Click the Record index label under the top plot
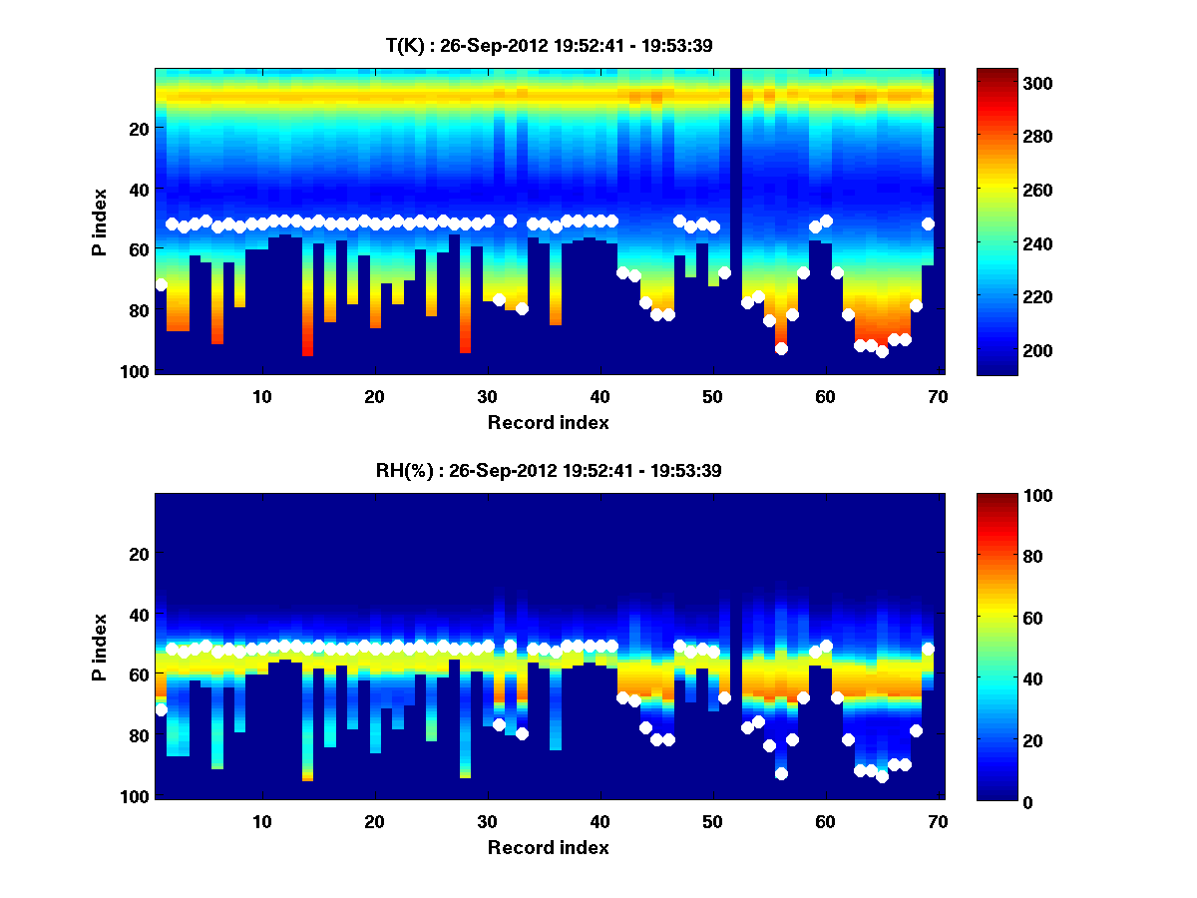click(548, 422)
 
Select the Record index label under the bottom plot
click(548, 848)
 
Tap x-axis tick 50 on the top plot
click(712, 395)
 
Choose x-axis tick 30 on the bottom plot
click(487, 821)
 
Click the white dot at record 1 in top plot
click(161, 284)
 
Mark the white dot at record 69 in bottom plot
click(928, 650)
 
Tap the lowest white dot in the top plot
click(882, 351)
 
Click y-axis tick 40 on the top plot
click(140, 189)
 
